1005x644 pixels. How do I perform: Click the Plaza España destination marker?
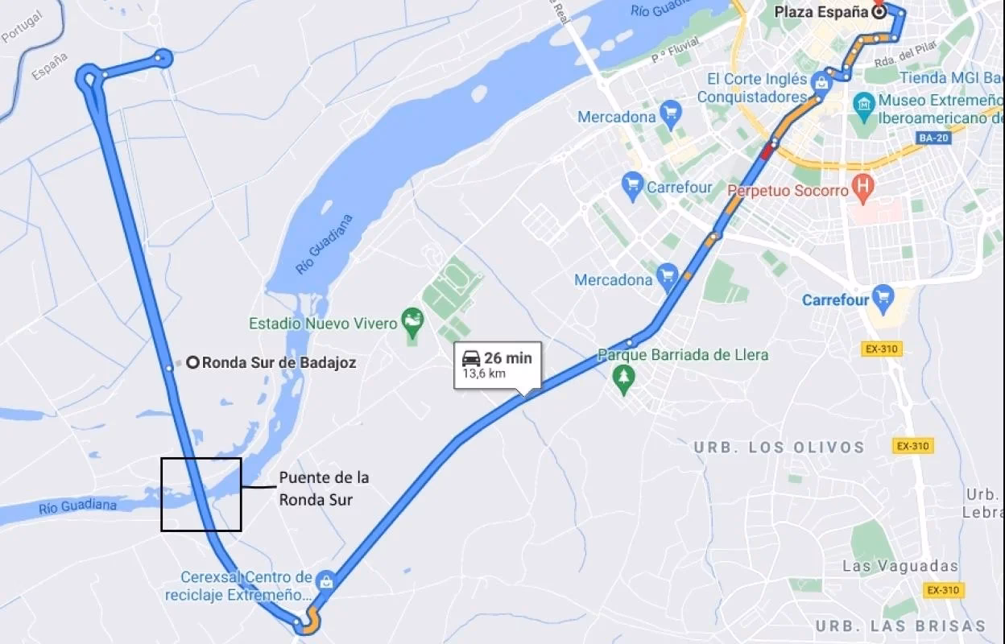tap(879, 12)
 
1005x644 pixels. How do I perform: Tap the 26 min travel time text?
tap(507, 357)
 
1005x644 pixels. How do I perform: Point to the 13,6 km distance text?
tap(484, 374)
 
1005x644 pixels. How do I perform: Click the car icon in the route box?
tap(471, 357)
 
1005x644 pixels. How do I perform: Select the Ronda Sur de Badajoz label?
tap(278, 362)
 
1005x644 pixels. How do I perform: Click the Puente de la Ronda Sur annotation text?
tap(324, 489)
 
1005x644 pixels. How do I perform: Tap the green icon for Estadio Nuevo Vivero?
tap(412, 320)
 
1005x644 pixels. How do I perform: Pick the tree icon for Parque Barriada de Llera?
tap(622, 376)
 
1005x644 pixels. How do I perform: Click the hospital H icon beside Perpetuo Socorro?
tap(863, 187)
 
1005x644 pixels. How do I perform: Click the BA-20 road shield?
tap(933, 138)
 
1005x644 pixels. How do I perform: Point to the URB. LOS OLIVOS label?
tap(779, 448)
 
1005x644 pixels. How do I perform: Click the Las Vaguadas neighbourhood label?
tap(900, 566)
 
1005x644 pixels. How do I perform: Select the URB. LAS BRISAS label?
tap(900, 625)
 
